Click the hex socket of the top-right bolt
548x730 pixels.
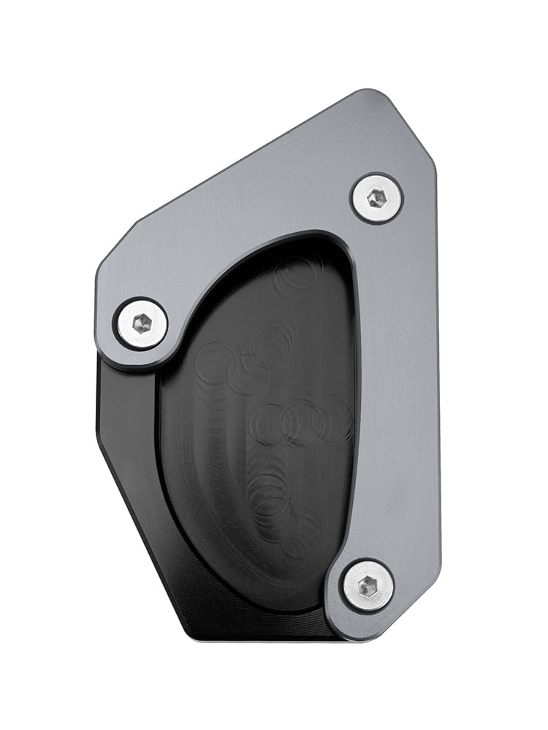376,198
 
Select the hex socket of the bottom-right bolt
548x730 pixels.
368,585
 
